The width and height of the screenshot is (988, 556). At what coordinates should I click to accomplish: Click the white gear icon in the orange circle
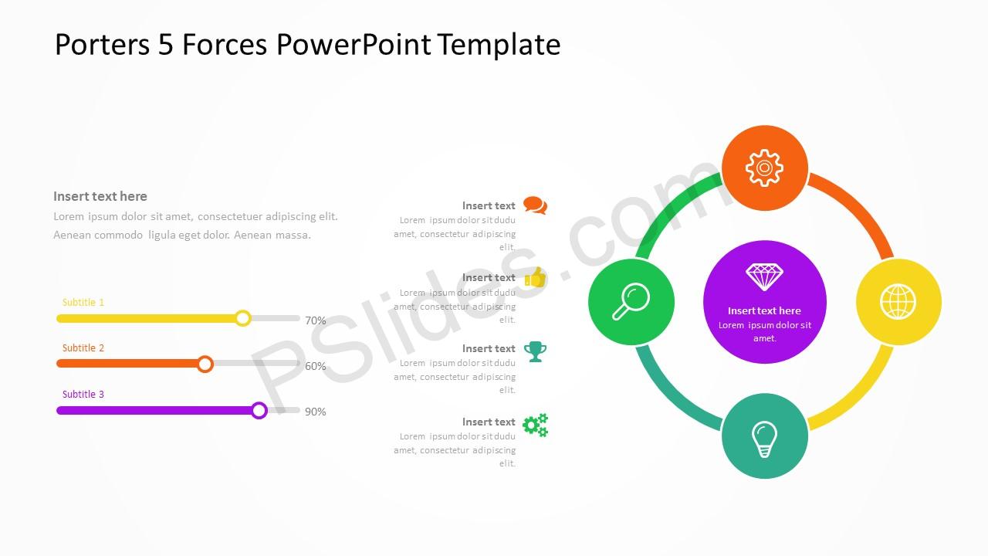click(x=764, y=168)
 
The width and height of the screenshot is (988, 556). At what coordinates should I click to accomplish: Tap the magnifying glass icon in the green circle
click(x=631, y=301)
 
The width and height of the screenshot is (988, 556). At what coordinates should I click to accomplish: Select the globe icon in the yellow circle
click(x=898, y=302)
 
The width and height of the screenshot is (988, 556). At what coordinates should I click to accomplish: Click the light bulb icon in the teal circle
click(x=764, y=439)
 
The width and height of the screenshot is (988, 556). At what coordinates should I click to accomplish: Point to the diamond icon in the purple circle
click(x=764, y=277)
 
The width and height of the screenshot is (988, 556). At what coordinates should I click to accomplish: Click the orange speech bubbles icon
click(x=536, y=205)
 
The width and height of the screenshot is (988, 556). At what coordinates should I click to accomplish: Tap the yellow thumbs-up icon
click(x=536, y=277)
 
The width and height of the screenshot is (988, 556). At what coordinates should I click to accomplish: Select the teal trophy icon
click(x=536, y=351)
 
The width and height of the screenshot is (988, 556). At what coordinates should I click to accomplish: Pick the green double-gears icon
click(x=536, y=425)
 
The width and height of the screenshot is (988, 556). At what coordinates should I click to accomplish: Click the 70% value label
click(x=316, y=320)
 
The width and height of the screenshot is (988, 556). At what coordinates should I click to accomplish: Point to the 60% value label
click(x=316, y=366)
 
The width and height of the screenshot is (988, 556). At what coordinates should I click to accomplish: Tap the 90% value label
click(x=316, y=412)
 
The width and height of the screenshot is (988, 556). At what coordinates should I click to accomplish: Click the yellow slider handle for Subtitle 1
click(x=242, y=318)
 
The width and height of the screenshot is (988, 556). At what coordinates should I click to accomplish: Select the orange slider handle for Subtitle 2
click(x=205, y=364)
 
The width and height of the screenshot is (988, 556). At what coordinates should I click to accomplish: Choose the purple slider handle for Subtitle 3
click(x=259, y=410)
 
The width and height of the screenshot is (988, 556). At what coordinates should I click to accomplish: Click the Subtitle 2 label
click(x=83, y=348)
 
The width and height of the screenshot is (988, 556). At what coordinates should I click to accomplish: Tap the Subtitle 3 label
click(x=83, y=394)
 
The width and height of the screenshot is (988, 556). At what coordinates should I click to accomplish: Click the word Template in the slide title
click(x=499, y=45)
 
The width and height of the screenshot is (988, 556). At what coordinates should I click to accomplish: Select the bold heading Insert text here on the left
click(x=100, y=196)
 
